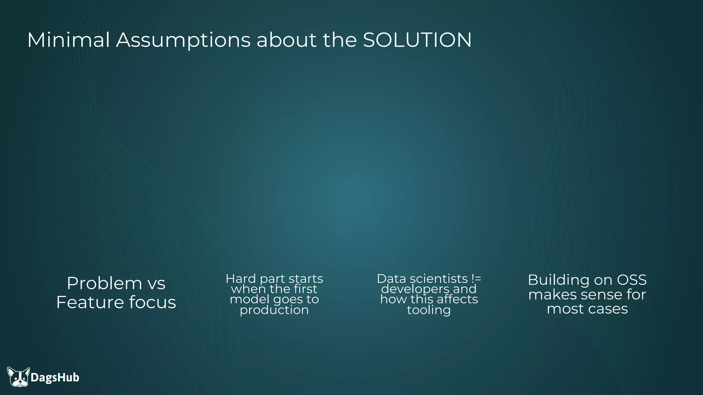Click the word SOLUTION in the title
417,40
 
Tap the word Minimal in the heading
68,40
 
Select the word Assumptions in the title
183,40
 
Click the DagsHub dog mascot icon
19,377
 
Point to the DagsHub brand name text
55,378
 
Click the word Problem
104,283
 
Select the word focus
152,302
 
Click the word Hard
241,278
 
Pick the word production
274,310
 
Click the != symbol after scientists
476,278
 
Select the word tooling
429,310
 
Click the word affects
457,299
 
